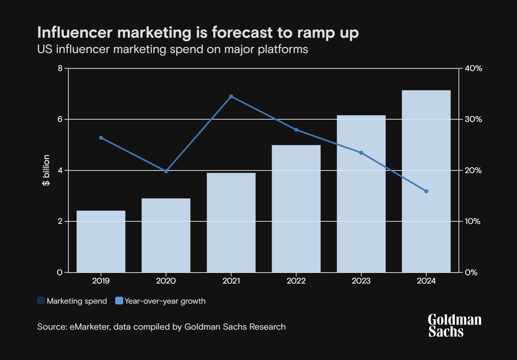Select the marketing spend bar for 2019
[x=101, y=241]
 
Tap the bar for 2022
[x=296, y=209]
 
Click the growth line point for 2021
[x=231, y=97]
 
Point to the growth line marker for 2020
[x=166, y=171]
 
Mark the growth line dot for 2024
[x=426, y=191]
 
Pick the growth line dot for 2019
[x=101, y=138]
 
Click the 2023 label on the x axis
[x=361, y=281]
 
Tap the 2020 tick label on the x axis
[x=166, y=281]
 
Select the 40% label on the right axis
[x=473, y=68]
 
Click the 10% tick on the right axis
[x=472, y=221]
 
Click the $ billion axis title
[x=46, y=170]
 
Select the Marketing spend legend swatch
[x=41, y=301]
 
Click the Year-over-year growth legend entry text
[x=165, y=301]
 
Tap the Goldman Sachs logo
[x=454, y=325]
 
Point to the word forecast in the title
[x=242, y=33]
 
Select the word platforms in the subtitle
[x=283, y=49]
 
